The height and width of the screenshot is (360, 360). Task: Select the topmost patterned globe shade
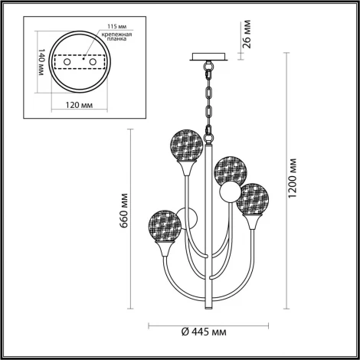click(186, 142)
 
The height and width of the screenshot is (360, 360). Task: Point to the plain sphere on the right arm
click(227, 195)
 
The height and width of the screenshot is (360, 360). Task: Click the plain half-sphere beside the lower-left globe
click(186, 219)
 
